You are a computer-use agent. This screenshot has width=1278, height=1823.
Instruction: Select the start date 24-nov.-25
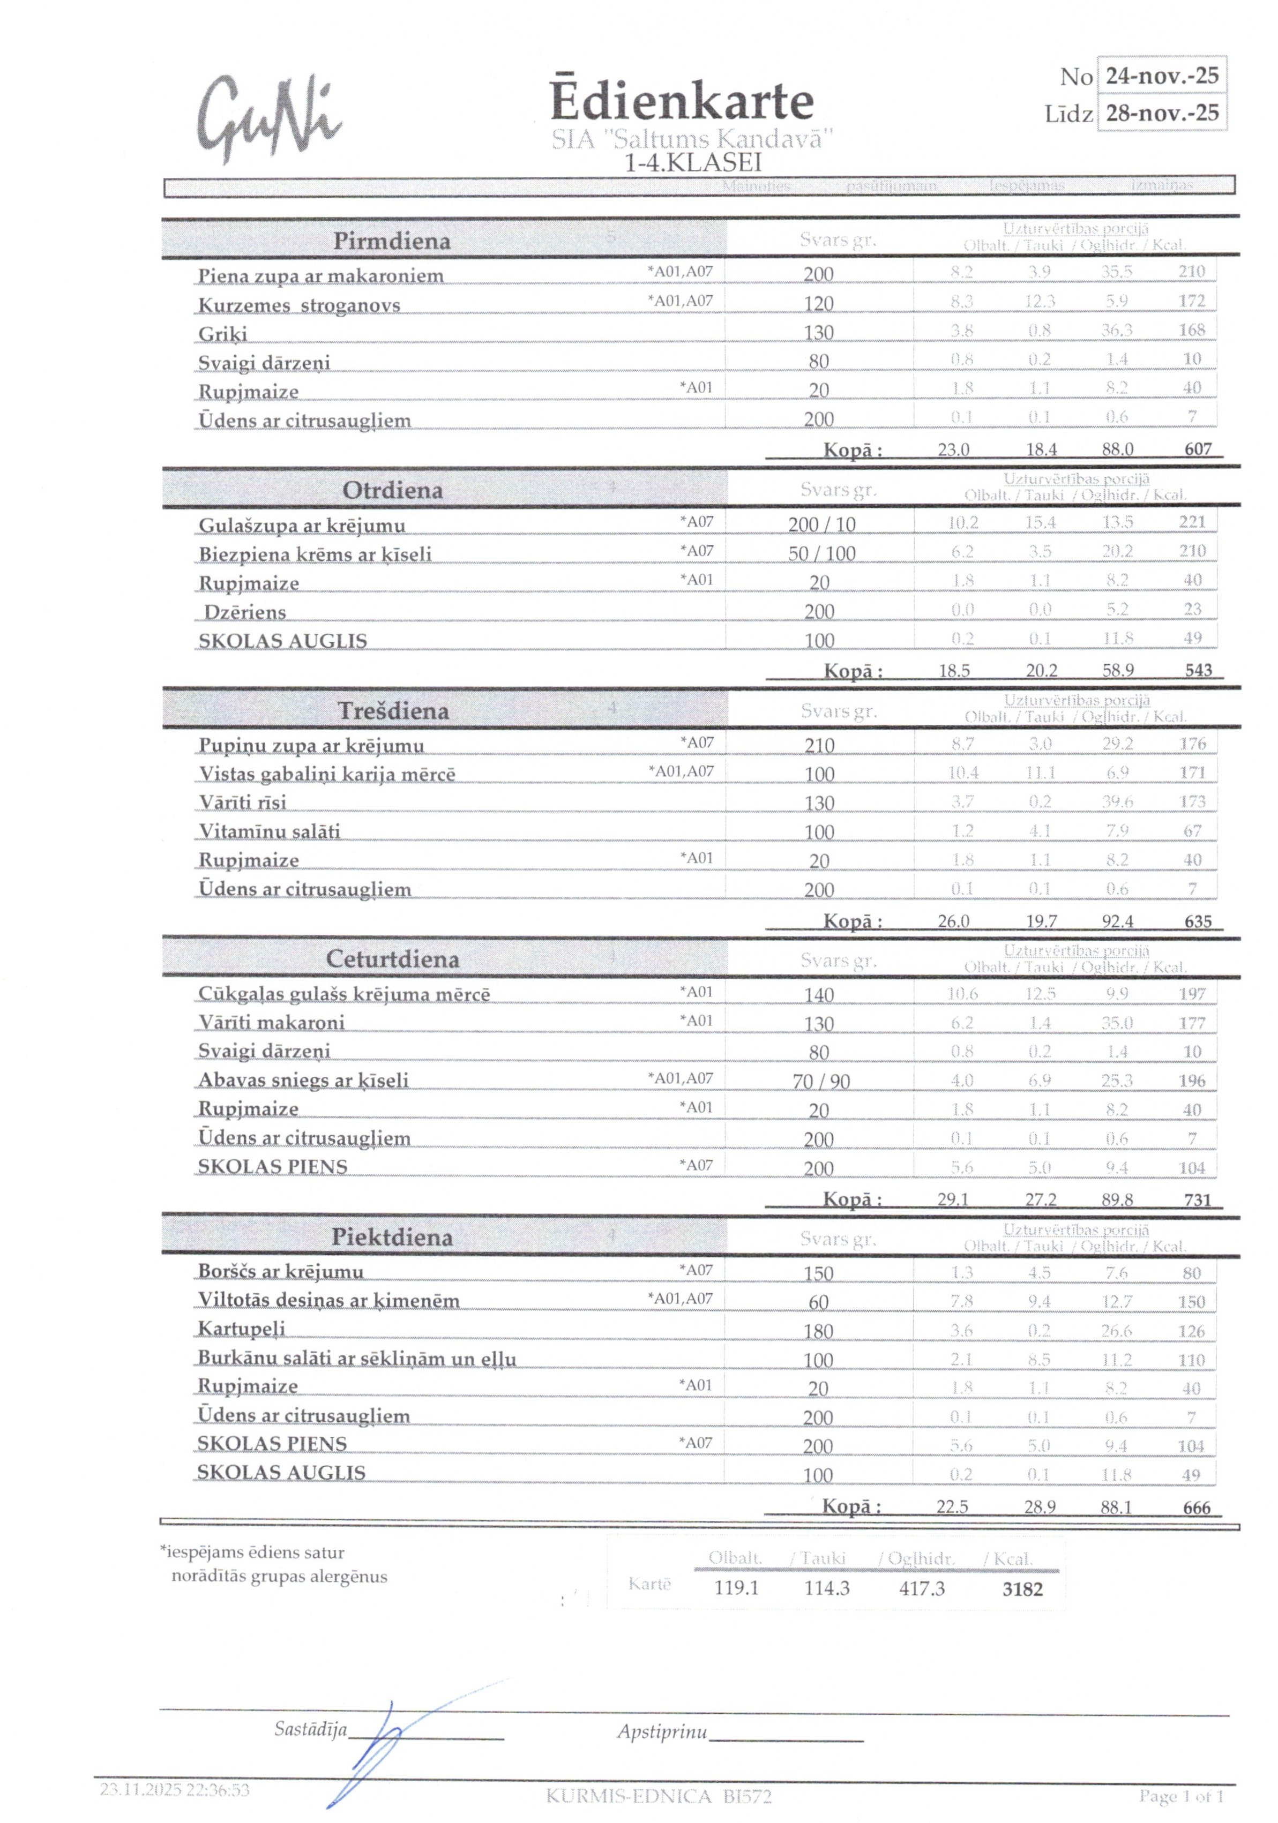(1161, 76)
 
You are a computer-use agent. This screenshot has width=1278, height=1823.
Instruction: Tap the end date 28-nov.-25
(1161, 112)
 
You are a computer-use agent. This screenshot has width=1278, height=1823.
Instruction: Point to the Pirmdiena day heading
(392, 241)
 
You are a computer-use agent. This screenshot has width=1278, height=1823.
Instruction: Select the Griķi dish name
(222, 333)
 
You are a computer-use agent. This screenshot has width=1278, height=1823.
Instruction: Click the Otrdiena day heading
(392, 490)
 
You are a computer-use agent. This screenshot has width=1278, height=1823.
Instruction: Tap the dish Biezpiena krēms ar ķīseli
(315, 554)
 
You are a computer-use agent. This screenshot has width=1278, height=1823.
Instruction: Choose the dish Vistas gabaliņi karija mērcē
(326, 774)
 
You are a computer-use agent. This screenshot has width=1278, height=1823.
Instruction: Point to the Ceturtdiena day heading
(392, 958)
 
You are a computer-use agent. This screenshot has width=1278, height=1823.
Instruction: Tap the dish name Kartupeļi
(241, 1329)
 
